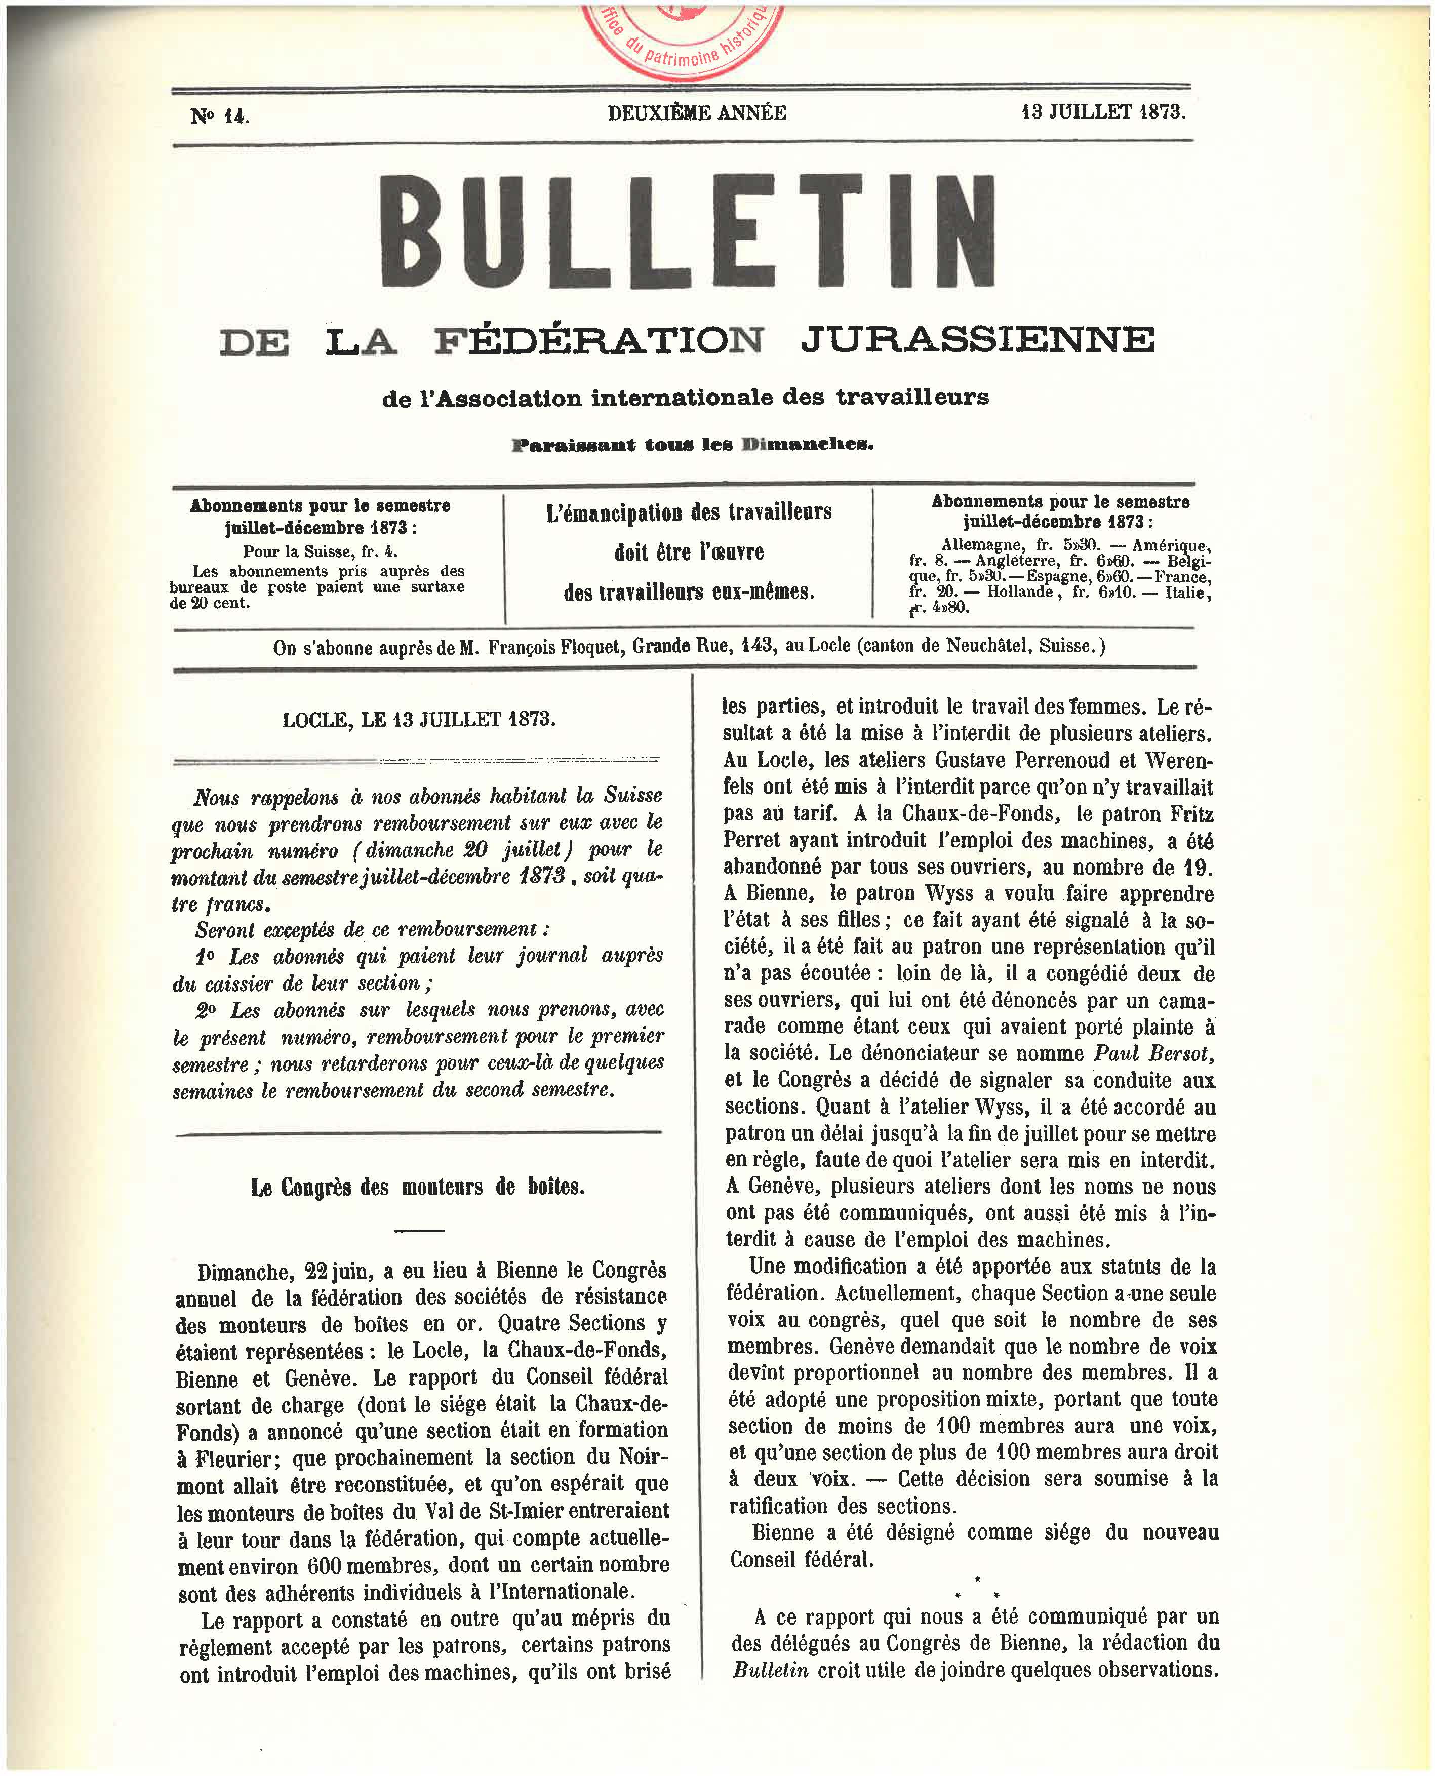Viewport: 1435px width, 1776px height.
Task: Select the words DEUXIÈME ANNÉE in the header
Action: click(697, 112)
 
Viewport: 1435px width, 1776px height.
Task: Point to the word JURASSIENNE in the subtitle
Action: click(977, 340)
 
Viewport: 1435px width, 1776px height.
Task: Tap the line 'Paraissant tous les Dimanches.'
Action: click(693, 445)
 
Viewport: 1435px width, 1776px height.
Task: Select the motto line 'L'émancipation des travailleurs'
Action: click(689, 512)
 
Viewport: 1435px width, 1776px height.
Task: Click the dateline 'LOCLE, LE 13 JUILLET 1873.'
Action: click(419, 719)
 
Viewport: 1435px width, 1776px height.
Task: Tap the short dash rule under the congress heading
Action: click(419, 1230)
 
